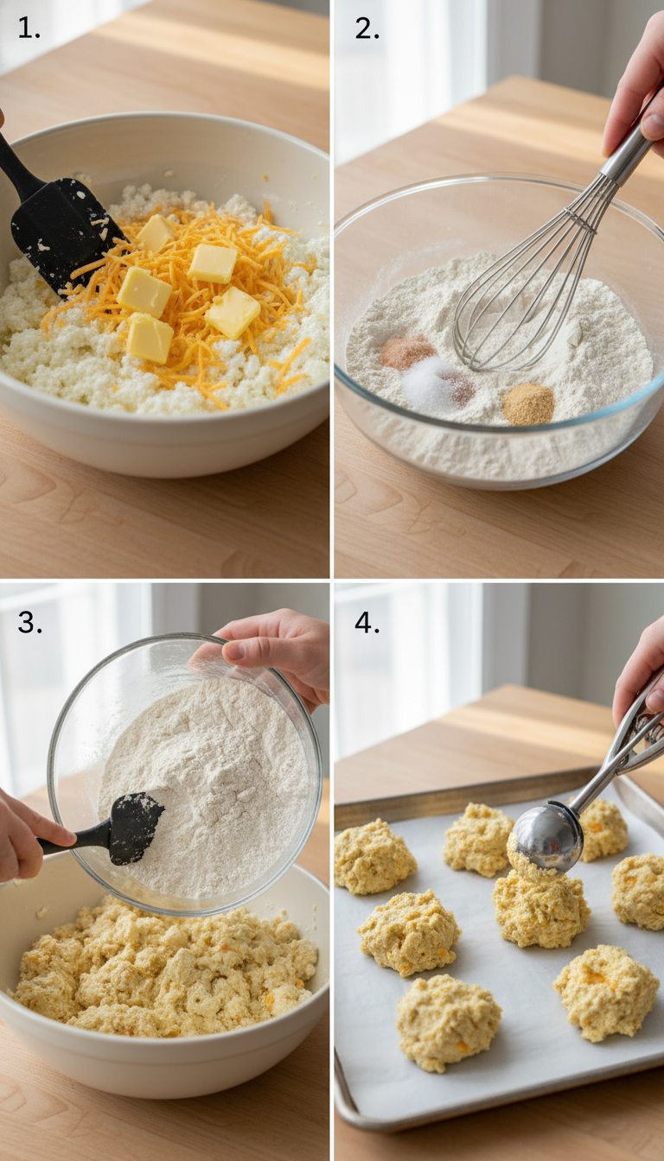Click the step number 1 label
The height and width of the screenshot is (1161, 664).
(x=28, y=28)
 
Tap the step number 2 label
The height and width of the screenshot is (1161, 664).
(x=367, y=28)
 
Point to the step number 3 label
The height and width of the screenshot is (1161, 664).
(x=29, y=622)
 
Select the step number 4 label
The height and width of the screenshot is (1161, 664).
(x=367, y=622)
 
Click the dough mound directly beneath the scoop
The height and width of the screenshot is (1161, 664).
(x=542, y=907)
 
